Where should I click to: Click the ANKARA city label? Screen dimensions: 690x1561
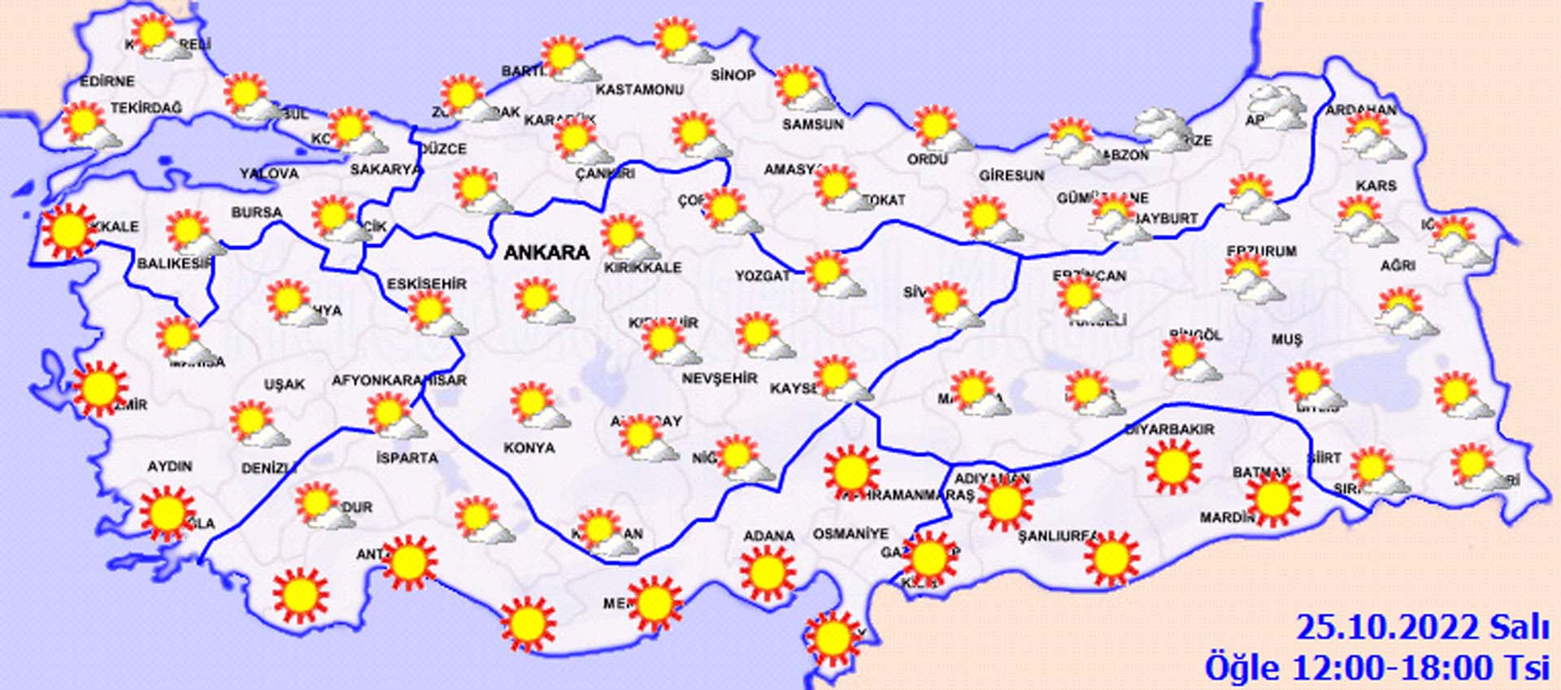click(546, 253)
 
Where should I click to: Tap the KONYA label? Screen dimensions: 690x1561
click(529, 448)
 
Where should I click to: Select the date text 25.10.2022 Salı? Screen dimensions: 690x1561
click(1422, 628)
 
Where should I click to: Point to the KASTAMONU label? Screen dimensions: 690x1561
click(639, 89)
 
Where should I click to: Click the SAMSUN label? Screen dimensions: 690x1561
click(812, 124)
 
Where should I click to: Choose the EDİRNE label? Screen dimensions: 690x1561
click(107, 81)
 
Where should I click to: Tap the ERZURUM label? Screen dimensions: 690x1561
click(1262, 252)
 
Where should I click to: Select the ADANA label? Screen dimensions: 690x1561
click(768, 536)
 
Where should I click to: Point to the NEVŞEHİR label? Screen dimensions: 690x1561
click(719, 379)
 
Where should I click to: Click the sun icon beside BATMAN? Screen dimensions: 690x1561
click(1273, 497)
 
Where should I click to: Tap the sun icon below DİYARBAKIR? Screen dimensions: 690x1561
click(1173, 466)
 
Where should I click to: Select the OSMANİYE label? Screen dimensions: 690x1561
click(850, 534)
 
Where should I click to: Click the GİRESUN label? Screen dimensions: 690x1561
click(1011, 176)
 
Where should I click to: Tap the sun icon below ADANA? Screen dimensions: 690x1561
click(767, 572)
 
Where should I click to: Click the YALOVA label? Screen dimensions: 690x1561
click(269, 174)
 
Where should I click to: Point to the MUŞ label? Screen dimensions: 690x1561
click(1286, 340)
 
